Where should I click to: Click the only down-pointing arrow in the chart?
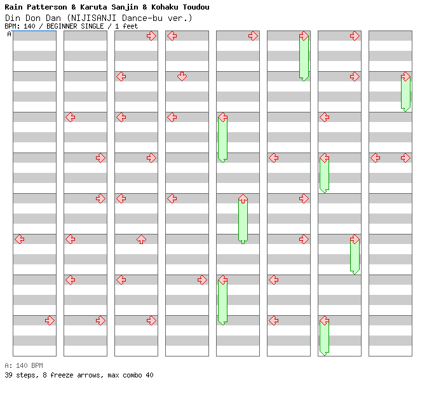coord(182,76)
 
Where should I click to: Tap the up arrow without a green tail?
coord(141,239)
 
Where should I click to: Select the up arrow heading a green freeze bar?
coord(243,199)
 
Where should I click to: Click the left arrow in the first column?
coord(20,239)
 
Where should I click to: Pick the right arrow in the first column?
coord(50,320)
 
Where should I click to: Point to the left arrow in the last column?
coord(376,158)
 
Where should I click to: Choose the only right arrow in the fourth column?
coord(202,280)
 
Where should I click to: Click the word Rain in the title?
coord(14,7)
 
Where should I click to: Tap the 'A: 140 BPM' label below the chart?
coord(24,365)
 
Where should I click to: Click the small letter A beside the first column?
coord(9,34)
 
